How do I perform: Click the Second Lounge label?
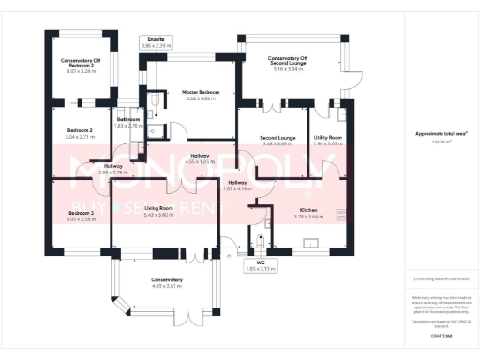point(278,141)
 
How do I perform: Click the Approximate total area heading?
point(441,135)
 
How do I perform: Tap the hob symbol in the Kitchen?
point(341,213)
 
